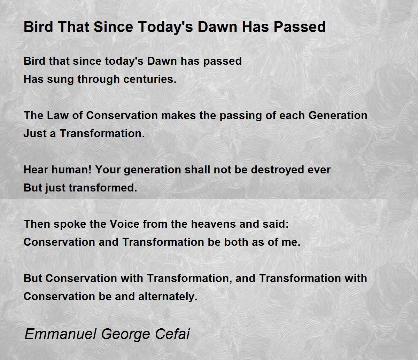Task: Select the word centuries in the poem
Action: tap(150, 79)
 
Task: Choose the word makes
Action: tap(178, 116)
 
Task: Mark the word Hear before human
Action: tap(36, 170)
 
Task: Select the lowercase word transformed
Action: tap(103, 188)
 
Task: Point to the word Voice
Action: tap(124, 224)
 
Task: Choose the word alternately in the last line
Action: tap(168, 297)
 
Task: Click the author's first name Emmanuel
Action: tap(60, 334)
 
